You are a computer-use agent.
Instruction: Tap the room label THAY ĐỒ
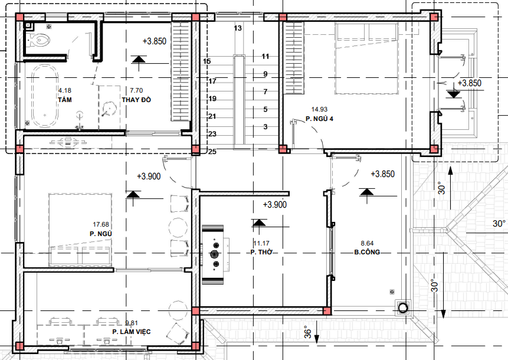[x=136, y=100]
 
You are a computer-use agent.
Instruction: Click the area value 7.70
[x=136, y=90]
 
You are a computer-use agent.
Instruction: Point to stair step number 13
[x=238, y=28]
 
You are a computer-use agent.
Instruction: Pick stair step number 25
[x=212, y=152]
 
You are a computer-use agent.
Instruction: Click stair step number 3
[x=266, y=127]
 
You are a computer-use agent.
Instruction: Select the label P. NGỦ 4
[x=320, y=119]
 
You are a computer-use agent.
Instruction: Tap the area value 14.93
[x=319, y=109]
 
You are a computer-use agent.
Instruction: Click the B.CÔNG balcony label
[x=366, y=252]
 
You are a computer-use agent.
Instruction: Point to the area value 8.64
[x=367, y=243]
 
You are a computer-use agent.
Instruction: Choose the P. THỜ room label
[x=261, y=252]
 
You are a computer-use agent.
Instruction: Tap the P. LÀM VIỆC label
[x=132, y=332]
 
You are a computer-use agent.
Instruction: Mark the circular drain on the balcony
[x=403, y=307]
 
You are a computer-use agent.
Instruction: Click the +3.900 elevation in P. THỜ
[x=274, y=205]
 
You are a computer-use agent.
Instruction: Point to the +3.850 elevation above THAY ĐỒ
[x=156, y=41]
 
